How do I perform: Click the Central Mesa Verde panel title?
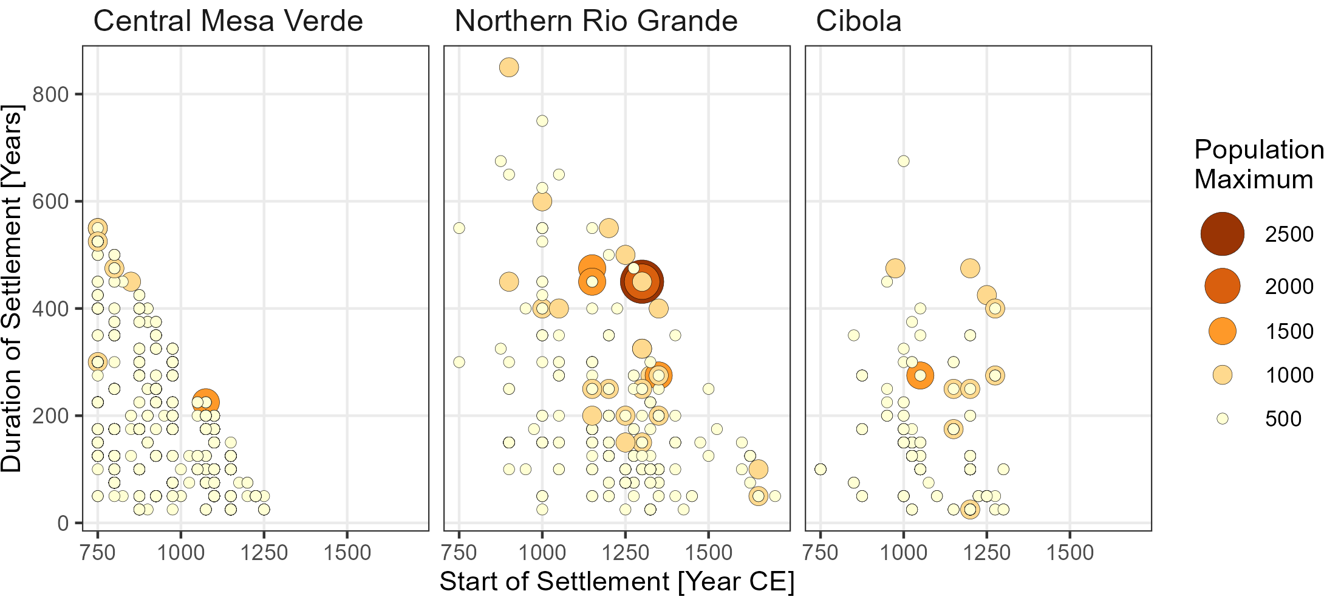[x=228, y=21]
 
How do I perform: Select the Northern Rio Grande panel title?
[x=596, y=21]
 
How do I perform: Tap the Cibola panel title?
[x=858, y=21]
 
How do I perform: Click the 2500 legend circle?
[x=1222, y=234]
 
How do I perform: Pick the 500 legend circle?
[x=1222, y=419]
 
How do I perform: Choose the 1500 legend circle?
[x=1222, y=331]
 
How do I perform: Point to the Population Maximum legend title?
[x=1257, y=164]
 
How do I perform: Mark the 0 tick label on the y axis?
[x=63, y=523]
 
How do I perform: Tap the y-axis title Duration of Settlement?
[x=12, y=289]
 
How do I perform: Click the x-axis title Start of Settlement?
[x=616, y=581]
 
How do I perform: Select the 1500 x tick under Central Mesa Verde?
[x=347, y=553]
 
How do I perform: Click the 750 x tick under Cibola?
[x=821, y=553]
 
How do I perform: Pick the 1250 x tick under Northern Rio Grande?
[x=625, y=553]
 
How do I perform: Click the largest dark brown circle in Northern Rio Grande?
[x=642, y=281]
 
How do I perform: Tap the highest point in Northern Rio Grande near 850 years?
[x=509, y=67]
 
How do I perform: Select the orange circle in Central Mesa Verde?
[x=205, y=402]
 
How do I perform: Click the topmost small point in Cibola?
[x=904, y=161]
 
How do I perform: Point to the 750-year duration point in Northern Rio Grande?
[x=542, y=121]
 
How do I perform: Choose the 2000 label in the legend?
[x=1289, y=286]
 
